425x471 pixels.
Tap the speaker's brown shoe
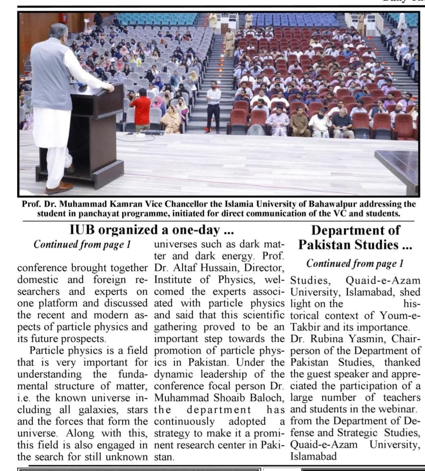click(x=60, y=188)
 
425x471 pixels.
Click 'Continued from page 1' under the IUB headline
click(x=82, y=244)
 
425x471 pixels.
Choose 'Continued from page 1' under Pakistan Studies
click(x=355, y=263)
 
